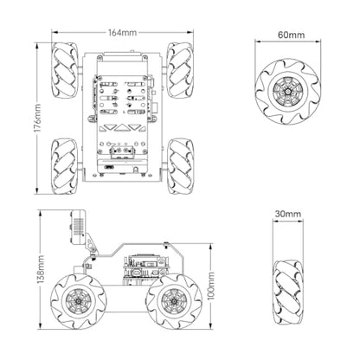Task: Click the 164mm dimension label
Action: [122, 33]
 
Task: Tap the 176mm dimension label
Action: [38, 119]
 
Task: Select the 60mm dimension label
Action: [291, 35]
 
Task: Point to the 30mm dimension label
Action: [288, 214]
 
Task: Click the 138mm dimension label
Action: [41, 269]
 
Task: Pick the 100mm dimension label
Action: [211, 286]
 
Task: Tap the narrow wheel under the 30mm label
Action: [288, 292]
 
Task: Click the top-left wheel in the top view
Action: [65, 71]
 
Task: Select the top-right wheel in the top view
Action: [180, 71]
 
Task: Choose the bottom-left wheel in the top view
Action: [65, 166]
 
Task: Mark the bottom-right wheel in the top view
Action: [180, 166]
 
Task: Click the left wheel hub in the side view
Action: [78, 301]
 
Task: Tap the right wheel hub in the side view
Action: [174, 301]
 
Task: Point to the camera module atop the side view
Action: [77, 227]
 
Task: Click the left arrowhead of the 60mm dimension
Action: [257, 42]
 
